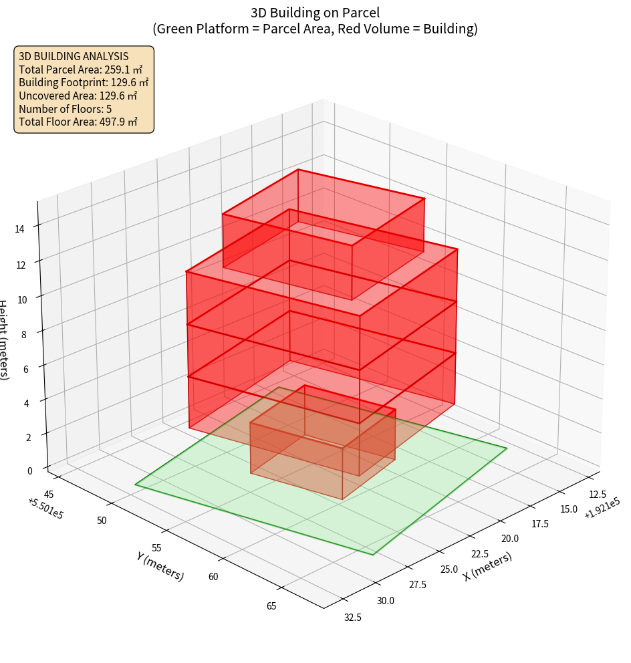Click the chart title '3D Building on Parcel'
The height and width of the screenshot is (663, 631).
(x=315, y=12)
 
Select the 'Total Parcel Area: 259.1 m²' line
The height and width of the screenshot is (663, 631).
(x=81, y=69)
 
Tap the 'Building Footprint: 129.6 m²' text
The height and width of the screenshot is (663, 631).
(x=84, y=82)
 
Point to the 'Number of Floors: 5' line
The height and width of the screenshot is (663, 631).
(x=66, y=109)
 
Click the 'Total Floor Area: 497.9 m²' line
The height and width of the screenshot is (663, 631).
(x=78, y=122)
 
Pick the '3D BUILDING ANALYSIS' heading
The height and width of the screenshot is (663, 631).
(x=74, y=56)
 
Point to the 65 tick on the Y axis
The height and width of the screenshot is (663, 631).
(x=271, y=606)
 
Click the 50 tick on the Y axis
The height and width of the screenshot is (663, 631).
(x=102, y=520)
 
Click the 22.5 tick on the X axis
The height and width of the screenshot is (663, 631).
(x=480, y=554)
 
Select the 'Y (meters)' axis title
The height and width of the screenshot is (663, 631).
(x=160, y=566)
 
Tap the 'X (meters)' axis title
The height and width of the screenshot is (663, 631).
(x=487, y=566)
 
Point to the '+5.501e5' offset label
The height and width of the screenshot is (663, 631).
(x=45, y=509)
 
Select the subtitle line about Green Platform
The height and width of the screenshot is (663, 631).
(x=315, y=29)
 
